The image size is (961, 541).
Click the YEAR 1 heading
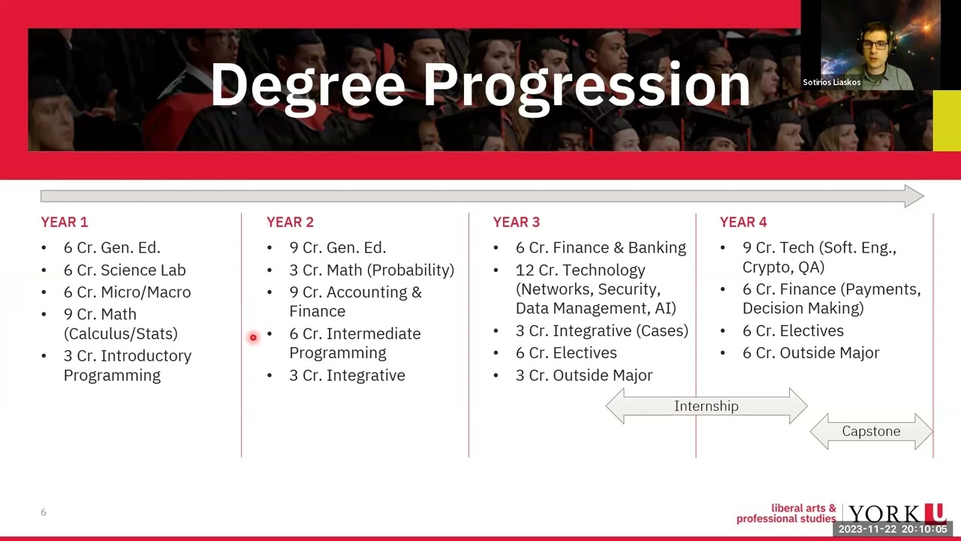tap(64, 222)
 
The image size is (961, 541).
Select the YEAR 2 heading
tap(290, 222)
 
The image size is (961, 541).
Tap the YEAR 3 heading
tap(516, 222)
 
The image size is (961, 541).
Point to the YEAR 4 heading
tap(743, 222)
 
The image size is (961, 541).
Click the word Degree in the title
tap(308, 85)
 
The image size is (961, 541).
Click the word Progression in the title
tap(586, 85)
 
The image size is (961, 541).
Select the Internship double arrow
tap(706, 407)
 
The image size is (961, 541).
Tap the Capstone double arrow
tap(871, 431)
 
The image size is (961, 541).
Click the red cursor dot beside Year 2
tap(253, 337)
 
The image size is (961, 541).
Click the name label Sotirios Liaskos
tap(831, 83)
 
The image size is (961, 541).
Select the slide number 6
tap(44, 512)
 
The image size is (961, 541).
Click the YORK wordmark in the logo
tap(886, 515)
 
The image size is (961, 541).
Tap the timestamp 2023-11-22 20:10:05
tap(892, 529)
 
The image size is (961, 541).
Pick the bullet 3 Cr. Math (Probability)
tap(371, 270)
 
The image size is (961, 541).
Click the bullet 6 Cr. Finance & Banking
tap(600, 247)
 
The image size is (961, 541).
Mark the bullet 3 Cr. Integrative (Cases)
tap(601, 331)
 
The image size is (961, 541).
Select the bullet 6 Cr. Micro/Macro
tap(127, 292)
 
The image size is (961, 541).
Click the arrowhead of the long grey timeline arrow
tap(914, 196)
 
